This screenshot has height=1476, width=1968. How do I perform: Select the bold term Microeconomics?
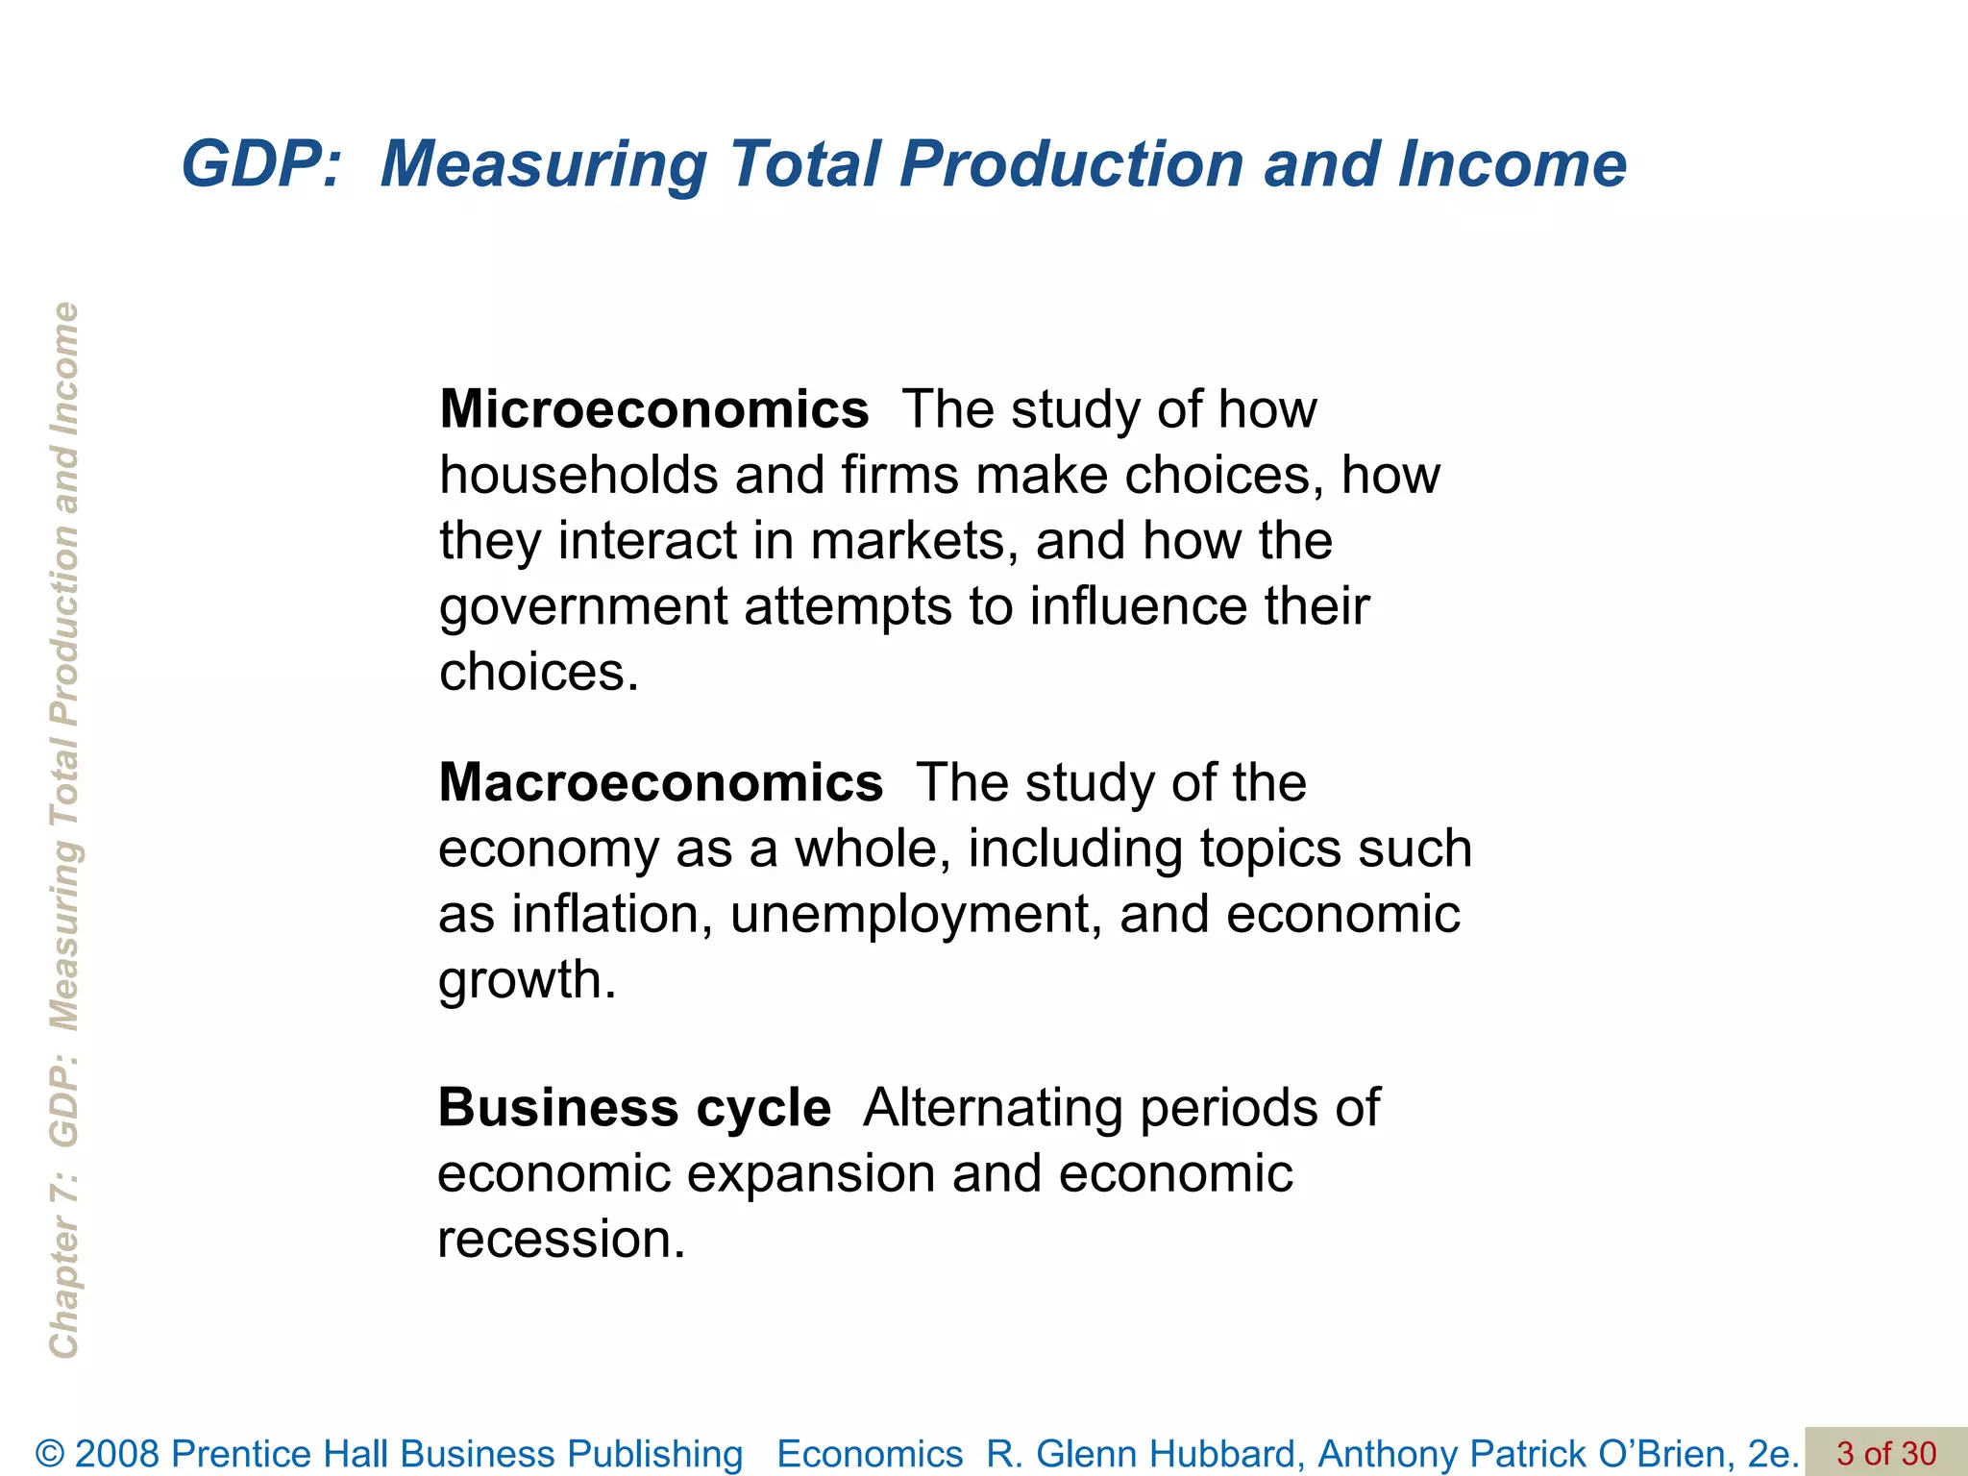pyautogui.click(x=653, y=409)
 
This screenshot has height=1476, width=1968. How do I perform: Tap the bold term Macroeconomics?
pyautogui.click(x=660, y=782)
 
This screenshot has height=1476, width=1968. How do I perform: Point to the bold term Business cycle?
pyautogui.click(x=634, y=1107)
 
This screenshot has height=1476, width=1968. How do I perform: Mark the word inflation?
pyautogui.click(x=611, y=914)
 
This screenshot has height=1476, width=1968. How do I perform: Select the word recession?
pyautogui.click(x=561, y=1239)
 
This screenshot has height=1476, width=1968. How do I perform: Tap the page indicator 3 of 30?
pyautogui.click(x=1886, y=1453)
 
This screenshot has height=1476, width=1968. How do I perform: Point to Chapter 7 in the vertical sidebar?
pyautogui.click(x=63, y=1268)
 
